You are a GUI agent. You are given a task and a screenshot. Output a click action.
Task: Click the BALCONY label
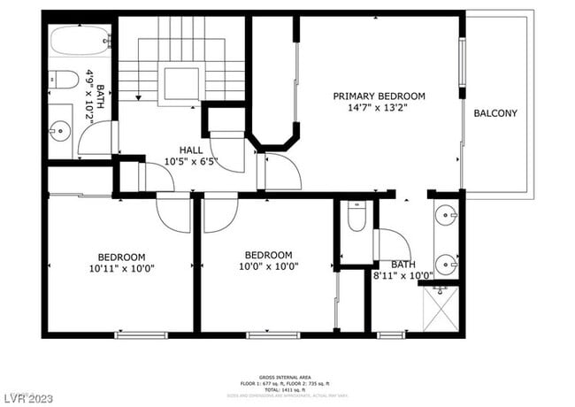coord(495,113)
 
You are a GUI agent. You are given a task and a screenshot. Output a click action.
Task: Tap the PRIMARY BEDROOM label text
coord(379,96)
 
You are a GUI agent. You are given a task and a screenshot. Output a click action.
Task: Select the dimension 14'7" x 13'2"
coord(379,109)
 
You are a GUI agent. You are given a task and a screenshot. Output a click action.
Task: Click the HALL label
coord(191,150)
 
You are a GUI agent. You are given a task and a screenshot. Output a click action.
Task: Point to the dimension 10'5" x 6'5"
coord(191,162)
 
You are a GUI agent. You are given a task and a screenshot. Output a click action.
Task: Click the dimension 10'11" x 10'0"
coord(121,268)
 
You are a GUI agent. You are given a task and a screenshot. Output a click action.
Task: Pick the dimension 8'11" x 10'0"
coord(402,276)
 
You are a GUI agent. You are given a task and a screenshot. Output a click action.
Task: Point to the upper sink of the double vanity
coord(446,213)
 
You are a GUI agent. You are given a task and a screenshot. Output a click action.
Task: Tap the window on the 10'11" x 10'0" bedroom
coord(141,334)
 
